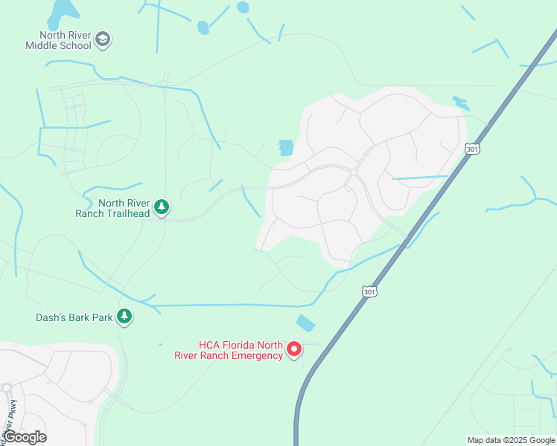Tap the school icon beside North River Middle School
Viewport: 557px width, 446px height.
pos(103,39)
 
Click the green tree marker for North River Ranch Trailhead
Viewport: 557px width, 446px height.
pos(162,207)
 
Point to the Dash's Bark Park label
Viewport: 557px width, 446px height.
pos(74,317)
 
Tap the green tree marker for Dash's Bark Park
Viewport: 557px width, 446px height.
pos(125,317)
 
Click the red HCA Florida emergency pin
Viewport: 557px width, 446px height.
pos(294,348)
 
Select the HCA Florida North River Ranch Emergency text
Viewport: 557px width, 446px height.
pos(240,350)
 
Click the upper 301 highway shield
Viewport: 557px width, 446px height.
pos(472,149)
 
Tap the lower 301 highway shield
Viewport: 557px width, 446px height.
pos(369,291)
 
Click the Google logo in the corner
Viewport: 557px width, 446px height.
pos(25,437)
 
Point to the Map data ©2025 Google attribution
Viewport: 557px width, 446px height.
pos(512,440)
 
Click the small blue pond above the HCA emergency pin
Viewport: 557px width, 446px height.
pos(305,323)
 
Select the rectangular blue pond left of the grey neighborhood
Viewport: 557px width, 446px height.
pos(286,147)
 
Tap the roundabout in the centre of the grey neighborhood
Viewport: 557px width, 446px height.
pos(353,172)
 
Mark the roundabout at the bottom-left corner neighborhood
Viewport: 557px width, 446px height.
pos(6,387)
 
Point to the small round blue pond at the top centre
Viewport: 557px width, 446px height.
pos(242,7)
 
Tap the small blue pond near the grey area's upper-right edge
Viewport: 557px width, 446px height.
pos(460,103)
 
